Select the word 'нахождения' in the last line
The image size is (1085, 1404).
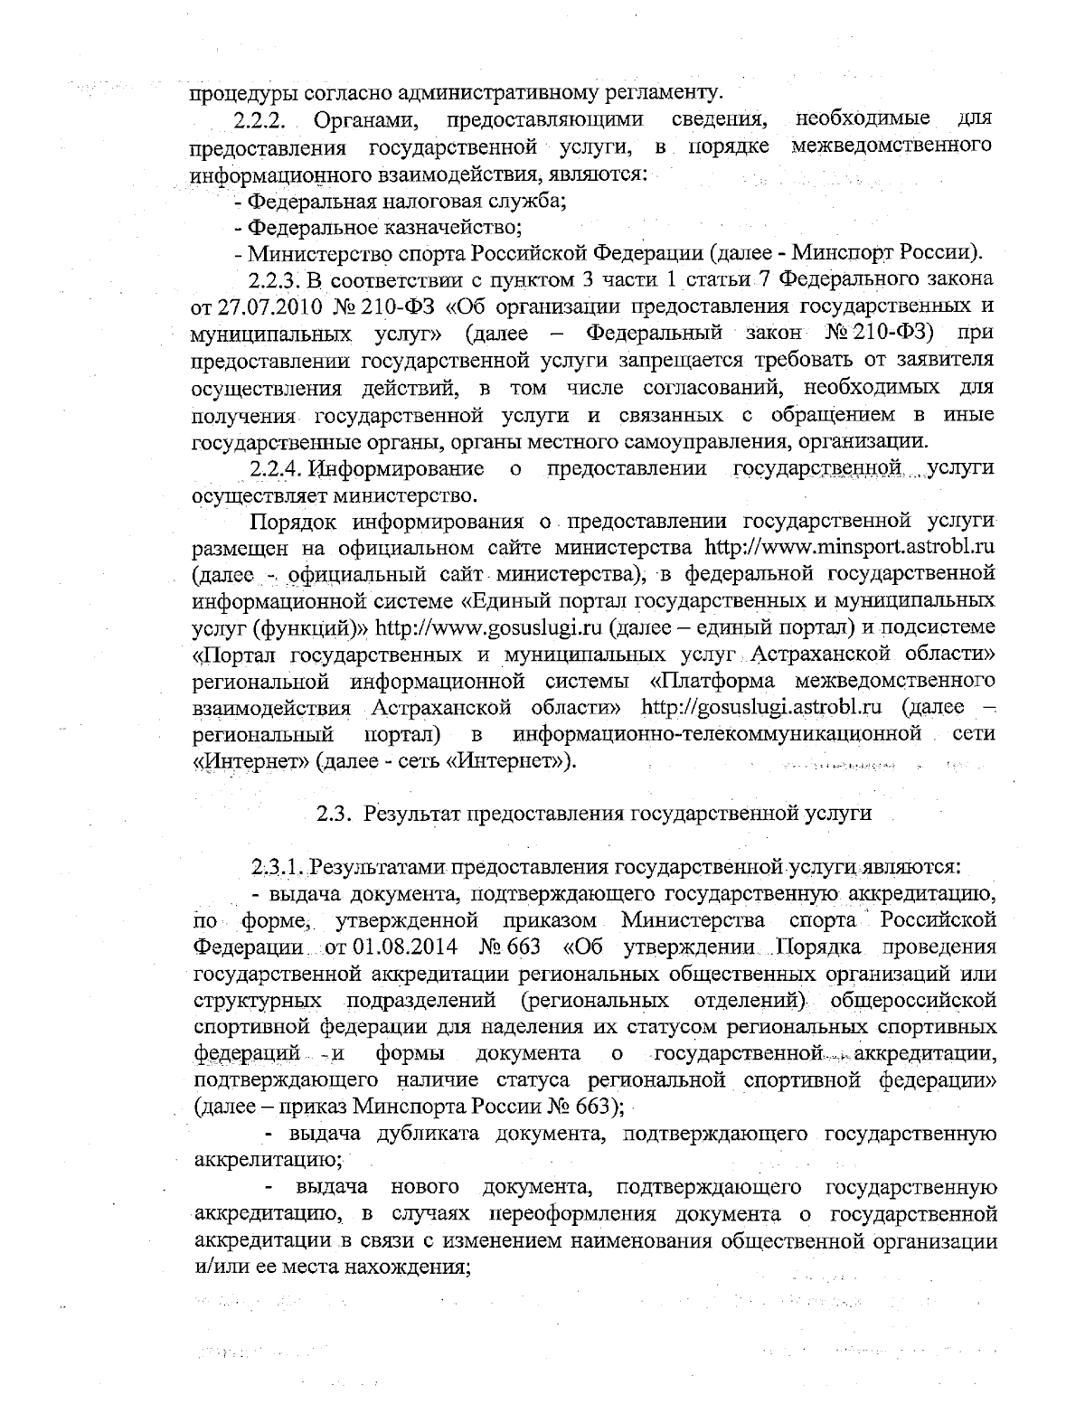pos(415,1265)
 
